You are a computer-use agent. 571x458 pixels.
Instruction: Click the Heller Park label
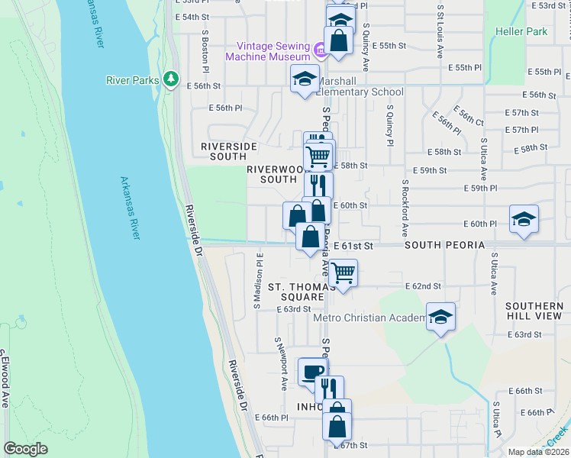521,32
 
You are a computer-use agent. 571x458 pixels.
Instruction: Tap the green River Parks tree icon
172,79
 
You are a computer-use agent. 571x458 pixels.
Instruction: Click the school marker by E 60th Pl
524,220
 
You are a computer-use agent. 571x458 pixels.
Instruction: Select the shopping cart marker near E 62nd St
344,273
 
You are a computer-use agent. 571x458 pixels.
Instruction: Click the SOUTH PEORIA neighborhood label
444,245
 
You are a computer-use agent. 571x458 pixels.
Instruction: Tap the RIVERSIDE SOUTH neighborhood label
224,151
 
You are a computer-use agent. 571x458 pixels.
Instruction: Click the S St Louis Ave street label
440,34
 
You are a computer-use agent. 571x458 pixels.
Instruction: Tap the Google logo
25,449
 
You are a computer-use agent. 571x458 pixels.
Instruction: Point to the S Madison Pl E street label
260,280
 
